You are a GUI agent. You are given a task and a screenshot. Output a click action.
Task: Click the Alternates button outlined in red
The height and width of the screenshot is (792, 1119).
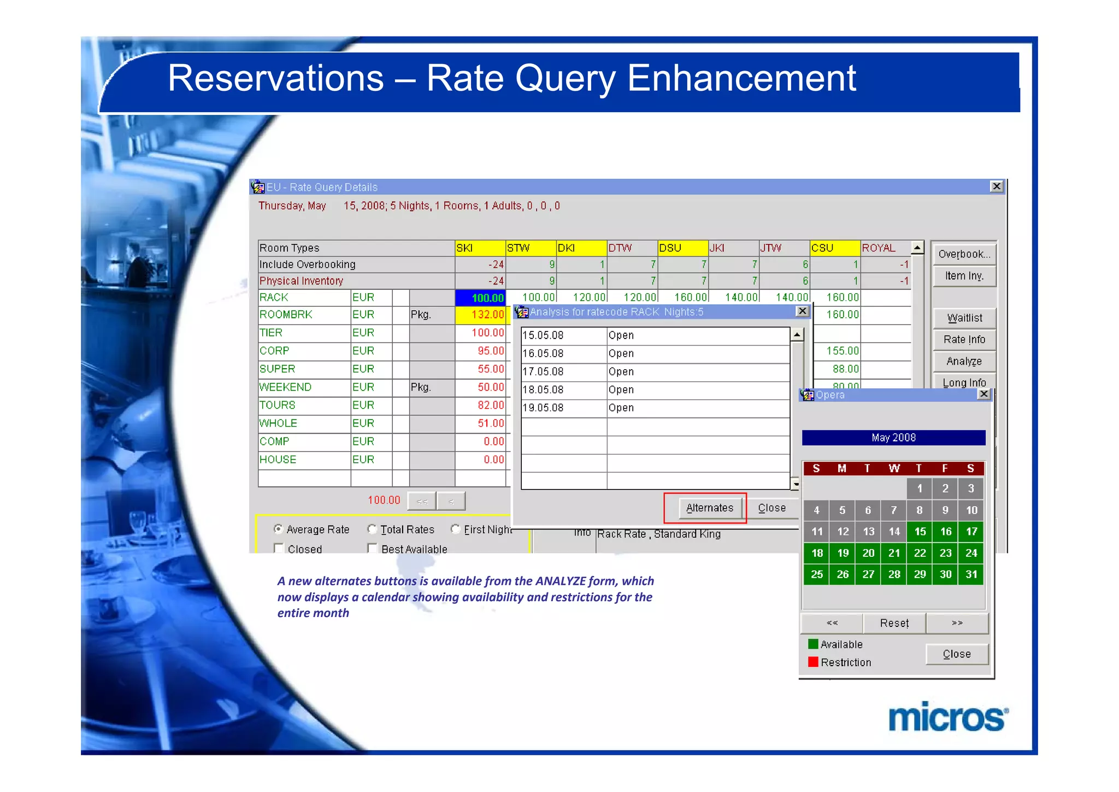point(709,508)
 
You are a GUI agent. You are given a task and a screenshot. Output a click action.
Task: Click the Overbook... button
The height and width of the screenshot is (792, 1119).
point(964,254)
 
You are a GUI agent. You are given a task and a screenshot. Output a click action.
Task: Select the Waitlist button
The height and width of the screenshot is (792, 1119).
point(964,318)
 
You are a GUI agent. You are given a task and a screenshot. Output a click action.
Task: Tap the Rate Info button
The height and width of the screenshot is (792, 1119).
point(964,340)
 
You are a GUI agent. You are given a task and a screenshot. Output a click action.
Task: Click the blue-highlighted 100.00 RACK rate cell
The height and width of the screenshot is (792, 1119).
point(480,298)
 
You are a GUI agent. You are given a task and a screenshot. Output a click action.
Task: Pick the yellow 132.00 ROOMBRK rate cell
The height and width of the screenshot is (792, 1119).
point(480,315)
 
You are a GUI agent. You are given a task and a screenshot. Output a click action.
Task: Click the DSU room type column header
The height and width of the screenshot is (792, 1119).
point(682,248)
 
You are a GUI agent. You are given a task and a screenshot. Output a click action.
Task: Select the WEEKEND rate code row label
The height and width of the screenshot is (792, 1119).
point(286,387)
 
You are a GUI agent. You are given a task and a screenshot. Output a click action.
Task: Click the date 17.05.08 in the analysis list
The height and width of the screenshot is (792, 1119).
point(543,372)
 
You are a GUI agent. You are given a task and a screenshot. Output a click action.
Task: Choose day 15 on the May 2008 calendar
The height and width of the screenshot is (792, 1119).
point(920,532)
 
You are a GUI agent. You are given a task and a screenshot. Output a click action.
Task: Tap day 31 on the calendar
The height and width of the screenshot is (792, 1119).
point(971,574)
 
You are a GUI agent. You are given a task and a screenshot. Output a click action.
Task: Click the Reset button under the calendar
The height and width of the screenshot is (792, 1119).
point(894,623)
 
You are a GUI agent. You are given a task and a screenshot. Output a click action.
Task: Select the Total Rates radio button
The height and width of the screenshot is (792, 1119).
point(372,529)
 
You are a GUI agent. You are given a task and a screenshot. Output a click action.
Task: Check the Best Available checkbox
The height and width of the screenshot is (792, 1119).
point(372,548)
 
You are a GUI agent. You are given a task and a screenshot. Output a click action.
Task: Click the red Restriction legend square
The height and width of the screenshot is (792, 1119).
point(813,662)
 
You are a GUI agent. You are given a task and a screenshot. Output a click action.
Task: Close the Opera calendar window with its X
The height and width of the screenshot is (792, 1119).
point(983,394)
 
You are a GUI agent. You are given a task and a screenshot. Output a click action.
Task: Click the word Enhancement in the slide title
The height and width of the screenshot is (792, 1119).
point(741,78)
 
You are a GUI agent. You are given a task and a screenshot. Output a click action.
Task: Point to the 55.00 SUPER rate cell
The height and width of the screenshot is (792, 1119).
point(480,369)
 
